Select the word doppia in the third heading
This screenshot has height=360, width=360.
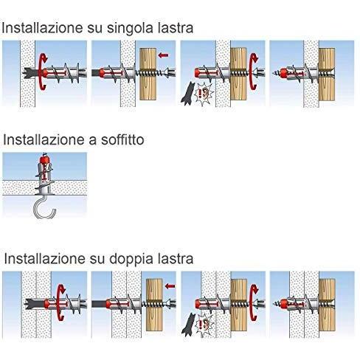point(138,259)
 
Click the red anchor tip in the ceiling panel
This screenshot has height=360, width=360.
point(45,159)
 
